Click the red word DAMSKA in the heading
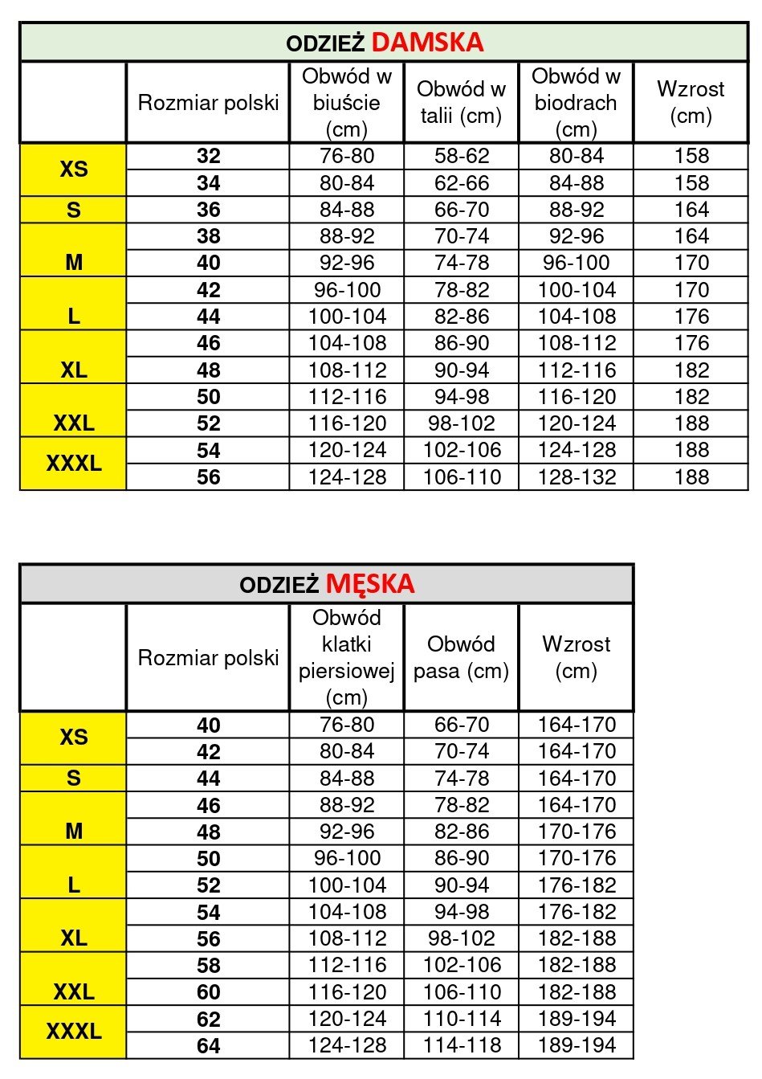pyautogui.click(x=427, y=42)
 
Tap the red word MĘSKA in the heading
pyautogui.click(x=370, y=583)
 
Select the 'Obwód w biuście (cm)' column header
pyautogui.click(x=346, y=103)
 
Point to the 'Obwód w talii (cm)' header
pyautogui.click(x=461, y=103)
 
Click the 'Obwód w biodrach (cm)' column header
pyautogui.click(x=576, y=103)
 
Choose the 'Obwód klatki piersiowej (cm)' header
pyautogui.click(x=346, y=657)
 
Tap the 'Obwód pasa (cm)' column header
pyautogui.click(x=461, y=657)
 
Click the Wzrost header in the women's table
pyautogui.click(x=691, y=103)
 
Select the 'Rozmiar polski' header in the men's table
pyautogui.click(x=208, y=657)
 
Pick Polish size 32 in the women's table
pyautogui.click(x=208, y=156)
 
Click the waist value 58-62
pyautogui.click(x=462, y=156)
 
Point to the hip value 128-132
pyautogui.click(x=577, y=477)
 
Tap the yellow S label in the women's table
pyautogui.click(x=73, y=210)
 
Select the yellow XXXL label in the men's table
pyautogui.click(x=73, y=1031)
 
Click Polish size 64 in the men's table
pyautogui.click(x=208, y=1045)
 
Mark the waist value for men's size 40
pyautogui.click(x=462, y=725)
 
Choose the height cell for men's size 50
pyautogui.click(x=577, y=858)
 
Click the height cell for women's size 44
pyautogui.click(x=691, y=317)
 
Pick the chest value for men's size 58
pyautogui.click(x=347, y=965)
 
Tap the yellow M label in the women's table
pyautogui.click(x=73, y=262)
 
